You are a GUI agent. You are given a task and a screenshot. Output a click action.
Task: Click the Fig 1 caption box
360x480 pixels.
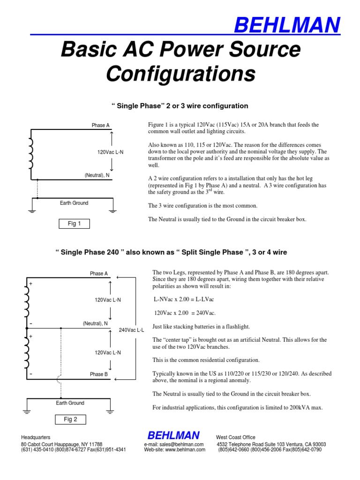pyautogui.click(x=74, y=224)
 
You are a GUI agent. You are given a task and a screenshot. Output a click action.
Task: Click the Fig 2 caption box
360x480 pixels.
pyautogui.click(x=70, y=420)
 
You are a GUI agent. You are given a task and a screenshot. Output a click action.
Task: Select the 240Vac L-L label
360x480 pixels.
pyautogui.click(x=131, y=330)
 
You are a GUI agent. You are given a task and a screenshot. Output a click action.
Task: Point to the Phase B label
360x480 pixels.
pyautogui.click(x=99, y=375)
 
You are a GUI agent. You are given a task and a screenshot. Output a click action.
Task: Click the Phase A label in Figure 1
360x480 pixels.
pyautogui.click(x=100, y=125)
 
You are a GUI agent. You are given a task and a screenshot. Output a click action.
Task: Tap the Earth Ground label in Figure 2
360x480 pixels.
pyautogui.click(x=70, y=403)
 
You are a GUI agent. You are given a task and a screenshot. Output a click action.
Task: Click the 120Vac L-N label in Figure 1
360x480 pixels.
pyautogui.click(x=110, y=152)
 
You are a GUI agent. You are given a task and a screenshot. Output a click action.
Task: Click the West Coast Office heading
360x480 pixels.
pyautogui.click(x=236, y=437)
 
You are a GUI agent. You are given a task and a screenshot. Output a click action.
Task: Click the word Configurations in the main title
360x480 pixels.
pyautogui.click(x=180, y=74)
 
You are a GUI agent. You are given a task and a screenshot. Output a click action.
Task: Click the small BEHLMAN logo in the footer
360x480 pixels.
pyautogui.click(x=173, y=435)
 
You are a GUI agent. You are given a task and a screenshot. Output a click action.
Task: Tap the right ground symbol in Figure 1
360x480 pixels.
pyautogui.click(x=112, y=210)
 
